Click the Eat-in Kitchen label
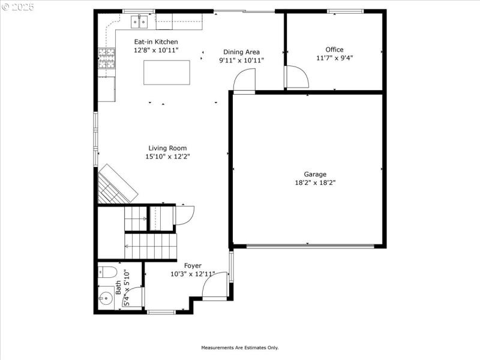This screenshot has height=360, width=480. coord(155,41)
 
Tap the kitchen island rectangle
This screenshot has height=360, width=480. coord(166,73)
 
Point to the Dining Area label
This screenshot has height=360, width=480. coord(241,52)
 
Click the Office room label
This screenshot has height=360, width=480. coord(334,50)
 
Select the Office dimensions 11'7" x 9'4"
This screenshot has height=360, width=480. coord(334,58)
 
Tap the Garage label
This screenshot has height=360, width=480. coord(315,175)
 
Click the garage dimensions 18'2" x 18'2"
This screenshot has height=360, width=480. coord(315,183)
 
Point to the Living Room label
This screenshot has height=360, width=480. coord(167,148)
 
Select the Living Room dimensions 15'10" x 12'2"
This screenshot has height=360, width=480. coord(167,157)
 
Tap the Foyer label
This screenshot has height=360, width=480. coord(193,266)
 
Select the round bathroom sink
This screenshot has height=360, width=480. coord(106,297)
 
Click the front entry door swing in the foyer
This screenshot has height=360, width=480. coord(215,286)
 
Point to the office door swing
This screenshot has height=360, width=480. coord(296,77)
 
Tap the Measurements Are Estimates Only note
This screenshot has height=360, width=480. coord(239,347)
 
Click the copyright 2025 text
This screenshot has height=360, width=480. coord(18,7)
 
